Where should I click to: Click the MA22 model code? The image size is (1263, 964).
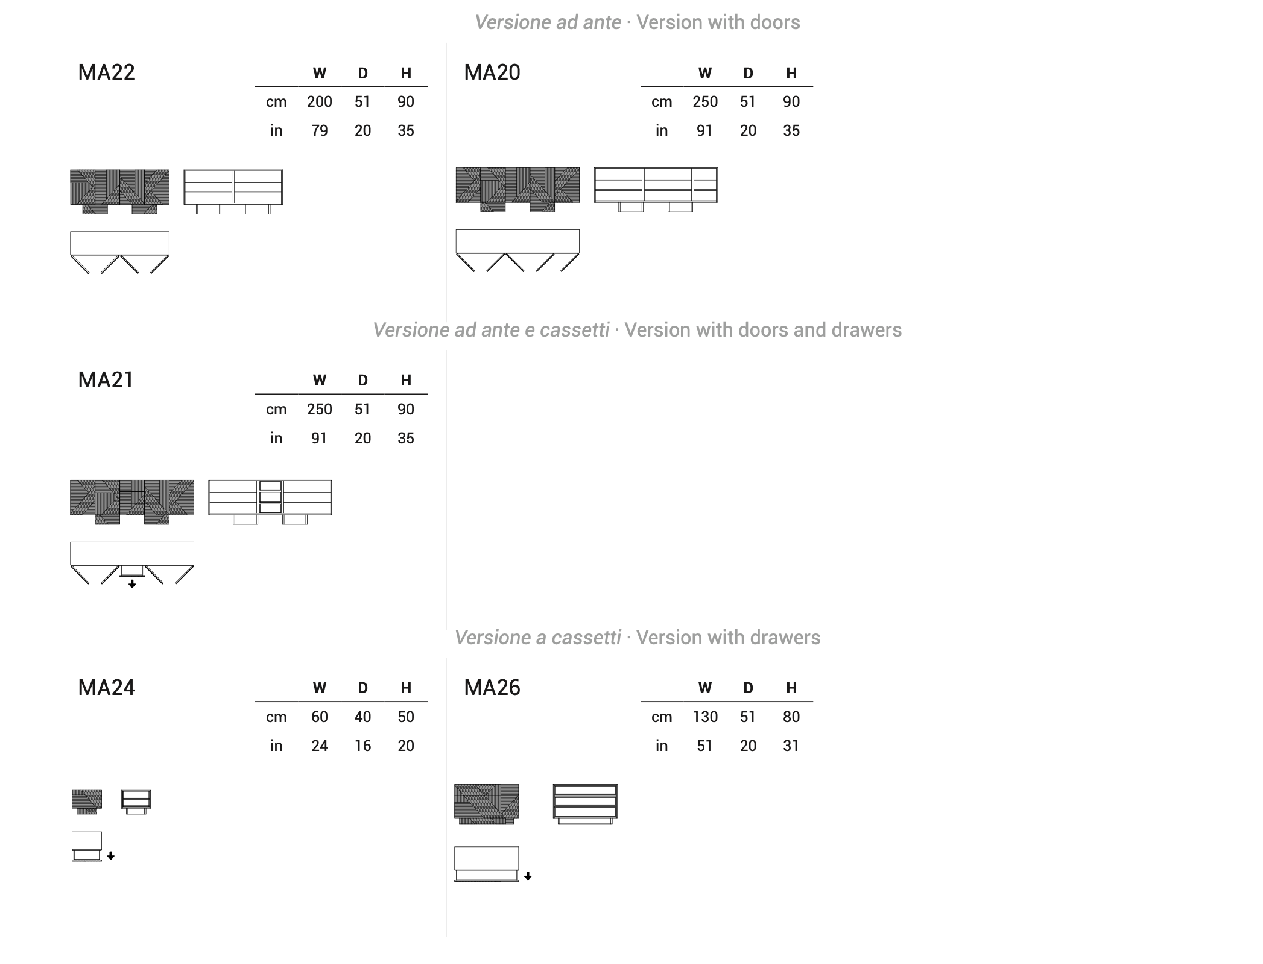coord(106,72)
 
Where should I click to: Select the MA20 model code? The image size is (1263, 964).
coord(492,72)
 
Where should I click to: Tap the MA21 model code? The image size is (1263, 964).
coord(106,380)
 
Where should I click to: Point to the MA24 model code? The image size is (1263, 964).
coord(106,688)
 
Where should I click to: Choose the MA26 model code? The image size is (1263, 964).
coord(492,688)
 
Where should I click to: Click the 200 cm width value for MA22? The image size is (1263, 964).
coord(319,101)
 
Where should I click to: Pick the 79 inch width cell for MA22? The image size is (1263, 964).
coord(319,130)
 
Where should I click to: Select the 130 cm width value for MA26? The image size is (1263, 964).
coord(704,717)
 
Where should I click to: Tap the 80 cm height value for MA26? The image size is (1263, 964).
coord(791,717)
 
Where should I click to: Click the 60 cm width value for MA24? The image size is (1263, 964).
coord(319,717)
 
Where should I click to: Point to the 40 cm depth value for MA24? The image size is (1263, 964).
coord(362,717)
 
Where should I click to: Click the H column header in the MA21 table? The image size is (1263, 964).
coord(406,380)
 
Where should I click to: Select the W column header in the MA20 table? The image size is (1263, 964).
coord(704,73)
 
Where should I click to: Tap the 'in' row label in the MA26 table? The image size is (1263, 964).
coord(662,746)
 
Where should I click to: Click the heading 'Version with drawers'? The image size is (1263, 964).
coord(728,638)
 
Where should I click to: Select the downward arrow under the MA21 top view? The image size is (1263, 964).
coord(132,584)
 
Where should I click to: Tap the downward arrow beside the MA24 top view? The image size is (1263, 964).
coord(111,856)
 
